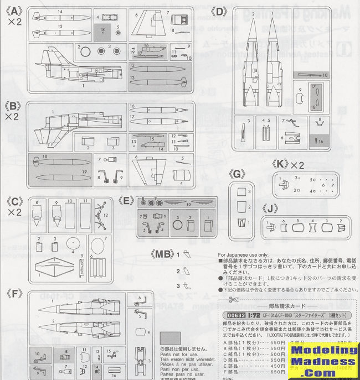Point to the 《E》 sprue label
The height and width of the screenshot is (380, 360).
click(x=127, y=201)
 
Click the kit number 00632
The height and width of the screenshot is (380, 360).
click(x=233, y=314)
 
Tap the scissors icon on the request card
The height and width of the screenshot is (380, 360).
click(x=232, y=300)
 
